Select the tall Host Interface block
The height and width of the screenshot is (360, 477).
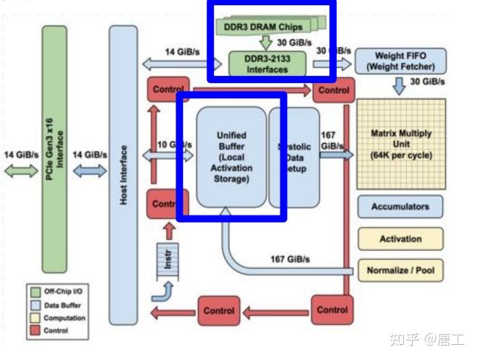[124, 173]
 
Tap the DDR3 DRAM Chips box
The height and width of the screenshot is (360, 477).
[268, 27]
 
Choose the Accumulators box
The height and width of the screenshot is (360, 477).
[400, 207]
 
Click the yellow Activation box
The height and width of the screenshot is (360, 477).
[400, 239]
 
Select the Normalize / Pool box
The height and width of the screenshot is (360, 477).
[400, 270]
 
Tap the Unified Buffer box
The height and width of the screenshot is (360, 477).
[231, 156]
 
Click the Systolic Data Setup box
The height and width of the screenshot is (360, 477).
[295, 156]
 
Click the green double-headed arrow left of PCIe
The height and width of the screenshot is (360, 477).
[21, 171]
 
